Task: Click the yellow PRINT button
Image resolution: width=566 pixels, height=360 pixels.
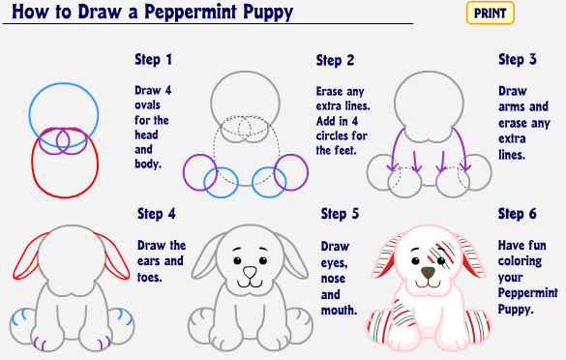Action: (491, 13)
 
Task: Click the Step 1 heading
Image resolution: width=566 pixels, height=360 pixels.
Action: (154, 60)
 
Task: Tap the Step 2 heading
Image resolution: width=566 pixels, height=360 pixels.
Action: (335, 60)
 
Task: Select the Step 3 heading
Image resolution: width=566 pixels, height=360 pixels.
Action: (518, 60)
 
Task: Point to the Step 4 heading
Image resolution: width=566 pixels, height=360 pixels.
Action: (157, 214)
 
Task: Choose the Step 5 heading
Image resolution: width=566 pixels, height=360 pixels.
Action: (340, 214)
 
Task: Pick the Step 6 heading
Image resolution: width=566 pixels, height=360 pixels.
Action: (518, 214)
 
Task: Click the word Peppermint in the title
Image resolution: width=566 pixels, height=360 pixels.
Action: (191, 12)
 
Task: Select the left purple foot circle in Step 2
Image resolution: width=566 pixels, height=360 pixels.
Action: (184, 172)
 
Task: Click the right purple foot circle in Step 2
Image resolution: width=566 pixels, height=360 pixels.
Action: (307, 172)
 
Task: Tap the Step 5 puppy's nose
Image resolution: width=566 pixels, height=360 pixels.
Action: (250, 272)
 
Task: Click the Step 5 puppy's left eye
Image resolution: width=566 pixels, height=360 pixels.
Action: (237, 260)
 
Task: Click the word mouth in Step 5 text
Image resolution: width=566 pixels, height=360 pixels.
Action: (339, 310)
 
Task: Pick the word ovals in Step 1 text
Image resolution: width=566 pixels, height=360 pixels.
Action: (147, 105)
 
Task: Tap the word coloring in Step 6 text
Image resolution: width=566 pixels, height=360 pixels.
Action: (520, 261)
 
